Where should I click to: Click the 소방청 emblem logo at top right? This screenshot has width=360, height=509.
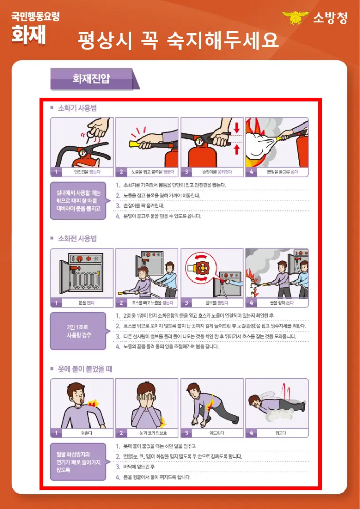click(x=296, y=18)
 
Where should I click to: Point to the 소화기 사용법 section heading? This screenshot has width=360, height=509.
click(x=77, y=108)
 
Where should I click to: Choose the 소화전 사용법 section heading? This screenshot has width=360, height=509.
click(x=77, y=239)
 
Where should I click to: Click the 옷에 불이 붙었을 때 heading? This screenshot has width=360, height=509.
click(x=85, y=369)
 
